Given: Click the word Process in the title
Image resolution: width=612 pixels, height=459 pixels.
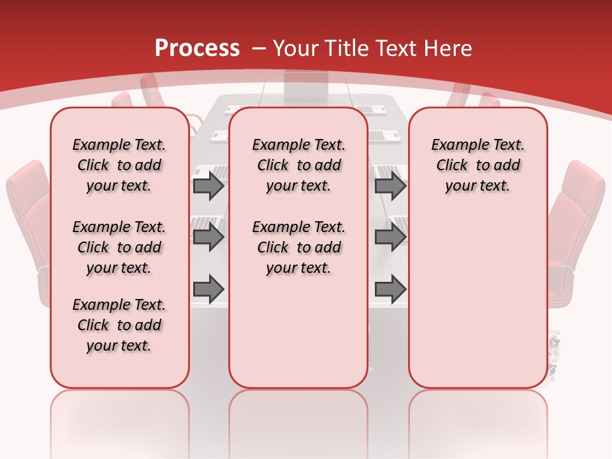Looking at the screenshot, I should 197,48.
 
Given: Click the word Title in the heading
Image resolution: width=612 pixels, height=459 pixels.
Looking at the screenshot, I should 347,48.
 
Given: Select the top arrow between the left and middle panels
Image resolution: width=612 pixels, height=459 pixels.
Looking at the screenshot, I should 208,186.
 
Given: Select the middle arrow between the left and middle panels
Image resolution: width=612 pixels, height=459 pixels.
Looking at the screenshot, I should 208,237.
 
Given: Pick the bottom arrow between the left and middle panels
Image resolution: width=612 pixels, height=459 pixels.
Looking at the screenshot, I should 208,289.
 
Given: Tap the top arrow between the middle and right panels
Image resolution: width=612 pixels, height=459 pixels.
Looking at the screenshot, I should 390,186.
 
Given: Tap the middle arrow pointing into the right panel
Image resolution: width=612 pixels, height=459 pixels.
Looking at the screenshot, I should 390,237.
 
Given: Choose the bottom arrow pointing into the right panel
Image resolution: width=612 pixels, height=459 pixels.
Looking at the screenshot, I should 390,289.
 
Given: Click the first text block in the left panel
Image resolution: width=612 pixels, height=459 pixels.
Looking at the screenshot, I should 119,165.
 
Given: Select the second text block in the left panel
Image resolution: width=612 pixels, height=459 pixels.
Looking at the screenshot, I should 119,247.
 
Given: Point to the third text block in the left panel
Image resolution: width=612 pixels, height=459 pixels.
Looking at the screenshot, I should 119,325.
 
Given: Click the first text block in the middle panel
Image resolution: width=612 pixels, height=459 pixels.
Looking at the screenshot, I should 298,165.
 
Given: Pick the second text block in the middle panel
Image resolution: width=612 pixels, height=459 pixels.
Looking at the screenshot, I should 298,247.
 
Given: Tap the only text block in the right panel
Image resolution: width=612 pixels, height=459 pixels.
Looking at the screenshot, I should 477,165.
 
